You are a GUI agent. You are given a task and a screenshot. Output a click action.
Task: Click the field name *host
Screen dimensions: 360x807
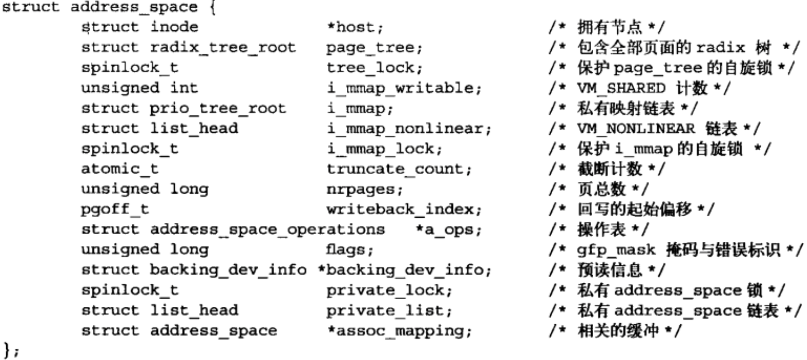(x=355, y=27)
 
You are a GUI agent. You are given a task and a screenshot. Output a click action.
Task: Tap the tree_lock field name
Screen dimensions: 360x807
(x=374, y=68)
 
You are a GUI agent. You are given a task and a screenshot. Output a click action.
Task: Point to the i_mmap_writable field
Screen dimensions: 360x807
(x=403, y=88)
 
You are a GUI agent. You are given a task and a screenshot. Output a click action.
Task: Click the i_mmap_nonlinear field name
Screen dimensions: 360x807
(x=408, y=128)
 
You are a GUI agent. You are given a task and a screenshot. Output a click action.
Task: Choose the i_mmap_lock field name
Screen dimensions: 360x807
(x=384, y=149)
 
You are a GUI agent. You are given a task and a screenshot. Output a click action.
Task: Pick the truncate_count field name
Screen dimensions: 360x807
(x=399, y=169)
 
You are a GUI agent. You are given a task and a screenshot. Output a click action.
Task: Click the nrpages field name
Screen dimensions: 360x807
(x=364, y=189)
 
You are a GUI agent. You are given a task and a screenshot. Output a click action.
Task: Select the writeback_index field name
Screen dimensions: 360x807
(x=403, y=209)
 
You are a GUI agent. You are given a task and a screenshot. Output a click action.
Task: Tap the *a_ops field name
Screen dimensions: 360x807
(x=448, y=230)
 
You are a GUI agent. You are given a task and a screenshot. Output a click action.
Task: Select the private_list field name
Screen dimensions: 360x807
(x=389, y=311)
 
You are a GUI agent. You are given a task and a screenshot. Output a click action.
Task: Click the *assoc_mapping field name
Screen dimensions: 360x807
(x=399, y=331)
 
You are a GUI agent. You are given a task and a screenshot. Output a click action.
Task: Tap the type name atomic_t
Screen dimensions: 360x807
(x=119, y=169)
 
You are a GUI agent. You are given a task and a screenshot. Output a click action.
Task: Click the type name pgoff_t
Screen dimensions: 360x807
(x=114, y=209)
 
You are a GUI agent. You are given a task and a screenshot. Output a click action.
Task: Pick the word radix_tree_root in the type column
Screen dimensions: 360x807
(x=223, y=47)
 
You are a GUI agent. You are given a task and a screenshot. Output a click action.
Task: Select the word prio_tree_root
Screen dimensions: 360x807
(x=217, y=108)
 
